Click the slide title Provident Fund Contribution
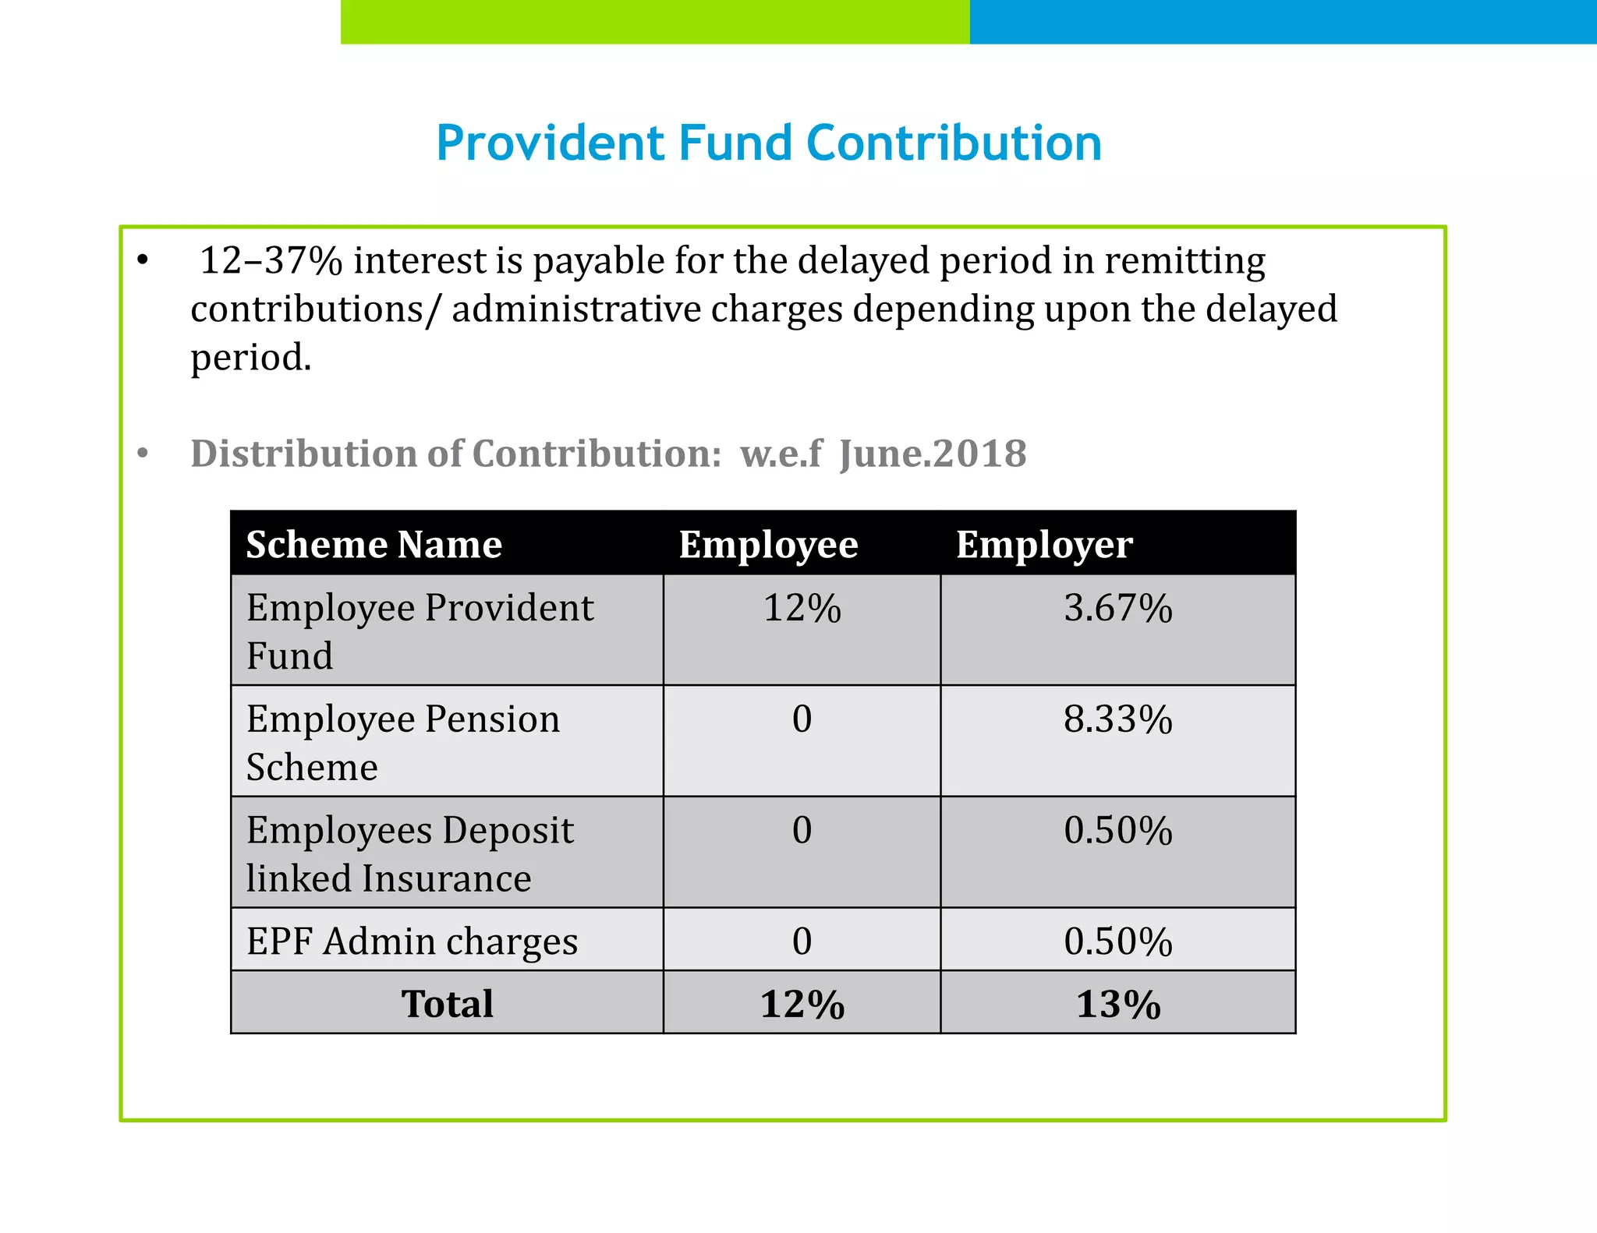768,143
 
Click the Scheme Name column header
374,545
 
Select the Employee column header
768,545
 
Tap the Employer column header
1044,545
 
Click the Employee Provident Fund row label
420,631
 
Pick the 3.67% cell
1117,609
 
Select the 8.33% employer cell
1117,719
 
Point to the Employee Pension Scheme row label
403,742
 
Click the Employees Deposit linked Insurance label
409,853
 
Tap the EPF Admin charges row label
412,942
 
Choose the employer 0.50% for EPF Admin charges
1117,942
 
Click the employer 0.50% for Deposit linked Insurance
1117,831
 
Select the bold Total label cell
447,1004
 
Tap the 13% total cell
1117,1004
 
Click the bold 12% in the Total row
802,1004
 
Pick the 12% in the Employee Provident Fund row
802,609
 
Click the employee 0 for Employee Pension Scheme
802,719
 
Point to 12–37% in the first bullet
271,261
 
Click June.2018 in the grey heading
933,454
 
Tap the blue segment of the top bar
1283,21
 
